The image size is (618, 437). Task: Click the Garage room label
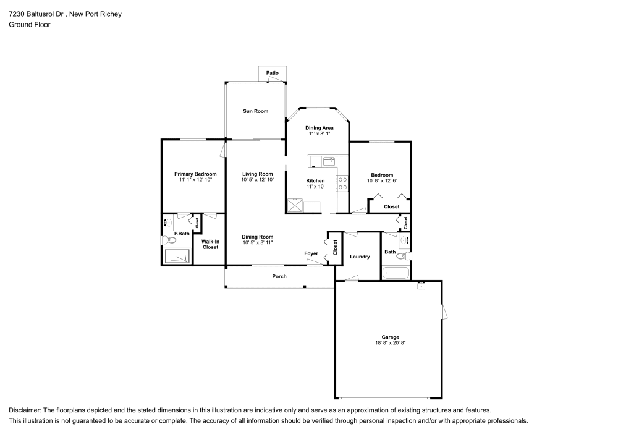point(390,337)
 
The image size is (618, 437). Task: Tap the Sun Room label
point(255,111)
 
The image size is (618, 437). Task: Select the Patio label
point(273,73)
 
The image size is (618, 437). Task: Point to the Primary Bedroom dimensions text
point(195,180)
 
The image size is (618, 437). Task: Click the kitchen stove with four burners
point(342,183)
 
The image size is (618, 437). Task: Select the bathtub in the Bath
point(396,272)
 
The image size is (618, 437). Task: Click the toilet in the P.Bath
point(166,240)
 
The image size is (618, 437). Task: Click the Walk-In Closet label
point(210,244)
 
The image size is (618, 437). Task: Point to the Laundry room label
point(360,257)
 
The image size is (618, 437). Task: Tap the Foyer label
point(311,253)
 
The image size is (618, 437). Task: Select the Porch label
point(279,276)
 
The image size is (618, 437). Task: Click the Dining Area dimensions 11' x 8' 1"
point(320,134)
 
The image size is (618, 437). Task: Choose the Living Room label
point(257,174)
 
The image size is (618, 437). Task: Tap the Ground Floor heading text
point(30,25)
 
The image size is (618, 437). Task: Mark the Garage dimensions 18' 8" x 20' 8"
point(390,343)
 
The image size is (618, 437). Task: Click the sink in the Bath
point(405,240)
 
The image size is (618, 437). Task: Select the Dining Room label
point(257,237)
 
